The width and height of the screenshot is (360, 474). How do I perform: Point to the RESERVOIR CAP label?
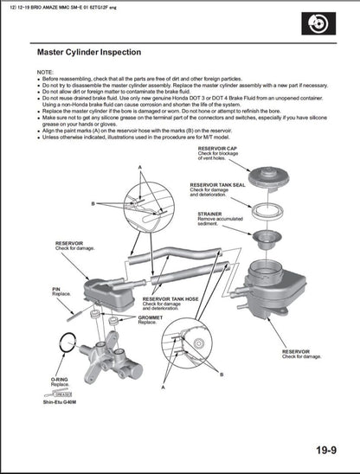[217, 150]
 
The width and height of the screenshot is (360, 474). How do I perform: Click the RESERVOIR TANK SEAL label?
[218, 184]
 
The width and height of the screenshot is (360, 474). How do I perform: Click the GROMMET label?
[150, 317]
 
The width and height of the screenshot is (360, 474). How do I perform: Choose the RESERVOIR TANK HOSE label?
[171, 298]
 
